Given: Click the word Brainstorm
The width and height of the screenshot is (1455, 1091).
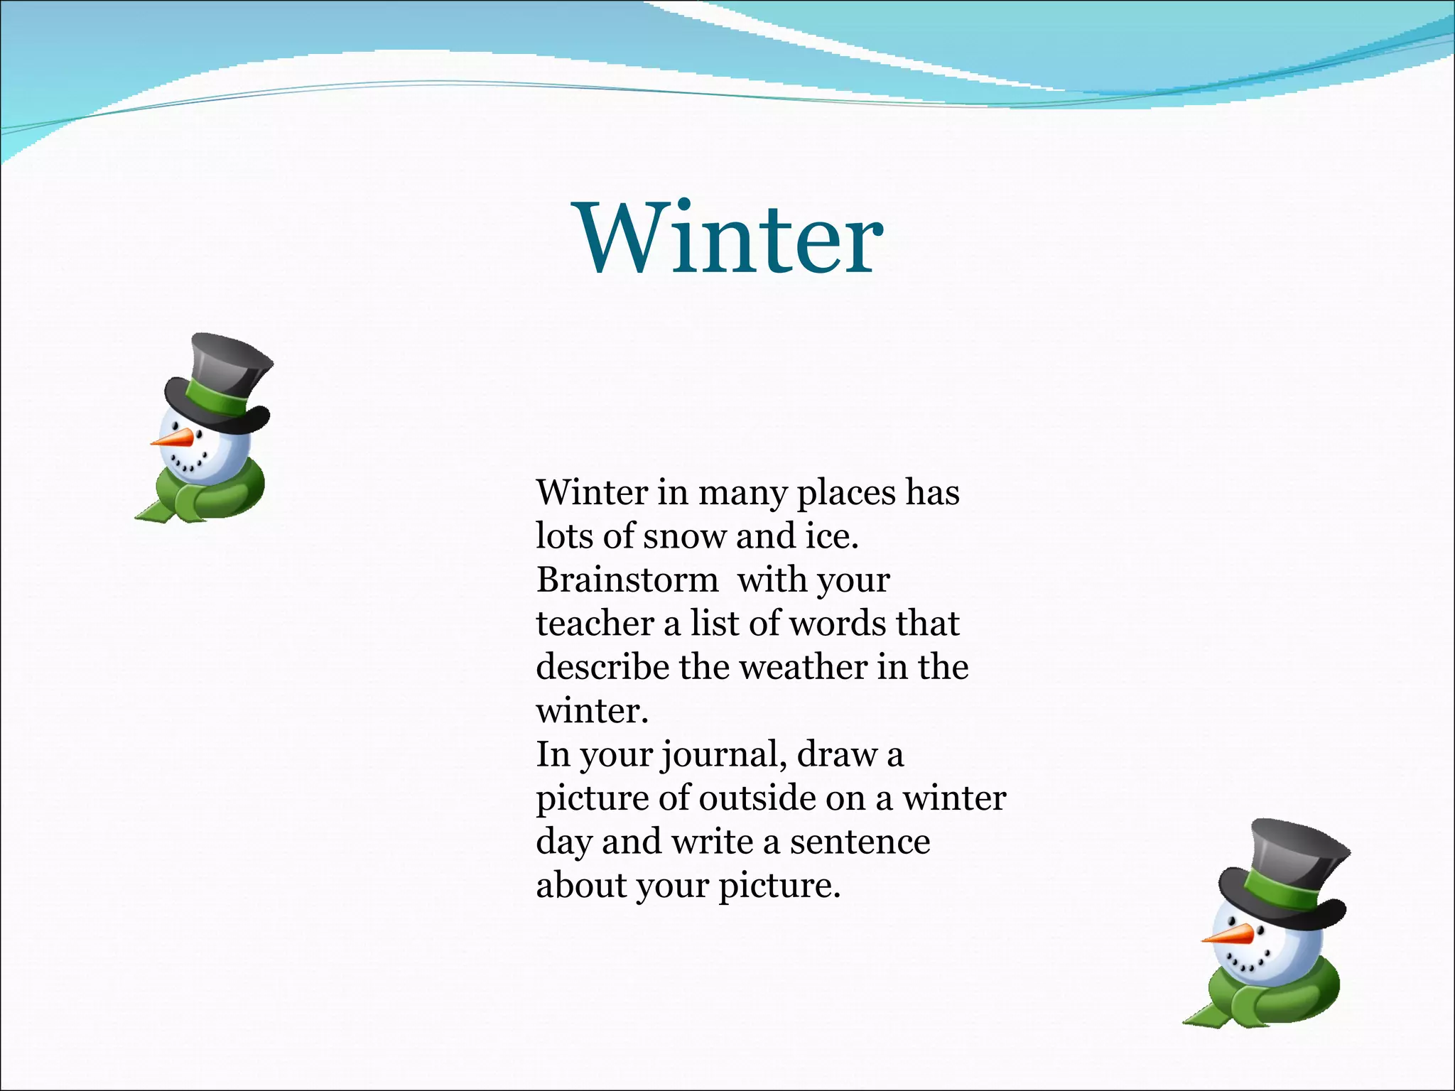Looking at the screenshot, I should tap(627, 580).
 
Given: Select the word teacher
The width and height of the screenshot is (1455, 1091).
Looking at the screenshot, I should tap(595, 624).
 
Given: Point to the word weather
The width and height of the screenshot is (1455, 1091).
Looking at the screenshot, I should tap(804, 667).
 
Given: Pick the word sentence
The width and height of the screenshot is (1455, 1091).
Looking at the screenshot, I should tap(860, 842).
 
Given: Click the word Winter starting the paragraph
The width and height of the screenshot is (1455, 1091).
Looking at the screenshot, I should tap(592, 493).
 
